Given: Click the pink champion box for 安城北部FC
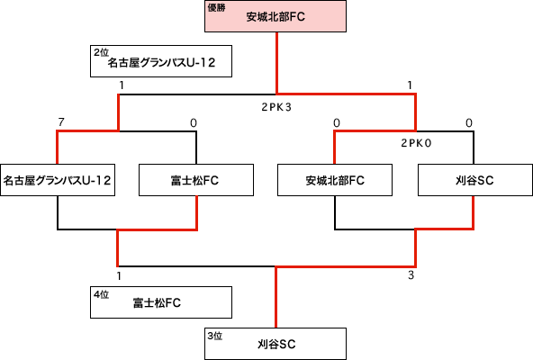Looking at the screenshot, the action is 276,16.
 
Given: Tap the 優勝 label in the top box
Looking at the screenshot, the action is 216,8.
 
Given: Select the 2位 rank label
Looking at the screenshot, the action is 102,52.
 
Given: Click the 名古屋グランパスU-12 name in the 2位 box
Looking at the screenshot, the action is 161,62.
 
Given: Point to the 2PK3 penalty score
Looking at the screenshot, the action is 276,107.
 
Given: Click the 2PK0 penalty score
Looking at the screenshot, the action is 416,143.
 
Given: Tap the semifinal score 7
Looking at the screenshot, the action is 61,122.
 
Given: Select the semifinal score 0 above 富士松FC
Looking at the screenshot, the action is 194,122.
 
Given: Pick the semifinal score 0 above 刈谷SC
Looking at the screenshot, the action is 469,122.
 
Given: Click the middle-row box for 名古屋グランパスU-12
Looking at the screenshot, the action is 58,180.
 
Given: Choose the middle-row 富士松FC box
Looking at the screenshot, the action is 196,180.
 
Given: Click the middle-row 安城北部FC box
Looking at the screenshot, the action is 335,180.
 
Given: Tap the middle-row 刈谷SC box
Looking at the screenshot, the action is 475,180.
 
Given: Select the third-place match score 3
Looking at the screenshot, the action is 411,275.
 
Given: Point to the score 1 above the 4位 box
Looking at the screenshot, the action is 119,276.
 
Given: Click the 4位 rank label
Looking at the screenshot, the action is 102,294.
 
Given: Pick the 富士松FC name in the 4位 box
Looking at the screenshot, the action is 157,303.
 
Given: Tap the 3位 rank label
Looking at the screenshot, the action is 215,336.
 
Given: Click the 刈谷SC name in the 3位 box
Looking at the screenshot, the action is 276,345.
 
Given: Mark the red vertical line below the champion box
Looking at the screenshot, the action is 277,63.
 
